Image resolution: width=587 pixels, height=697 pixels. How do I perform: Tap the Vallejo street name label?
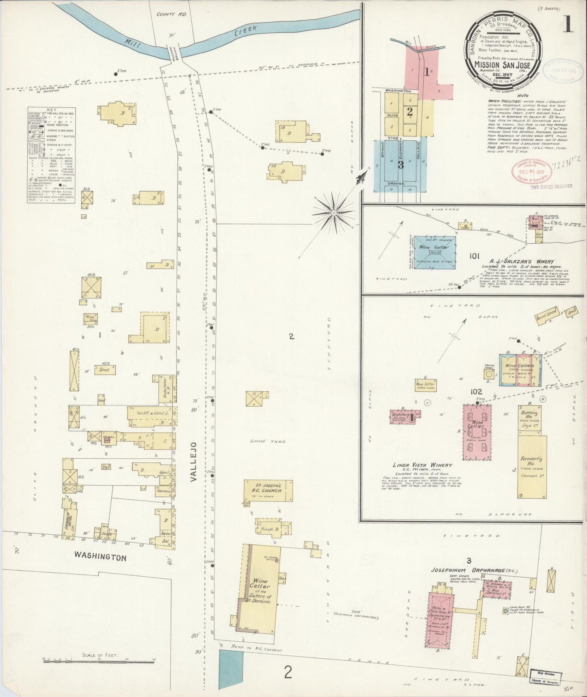coord(194,462)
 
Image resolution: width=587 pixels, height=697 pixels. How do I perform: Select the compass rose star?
coord(334,212)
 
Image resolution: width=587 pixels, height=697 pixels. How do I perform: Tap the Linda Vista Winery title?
coord(422,465)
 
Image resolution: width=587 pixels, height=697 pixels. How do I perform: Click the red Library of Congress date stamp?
coord(532,171)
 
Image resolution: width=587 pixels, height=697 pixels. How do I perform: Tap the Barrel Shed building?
coord(546,316)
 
